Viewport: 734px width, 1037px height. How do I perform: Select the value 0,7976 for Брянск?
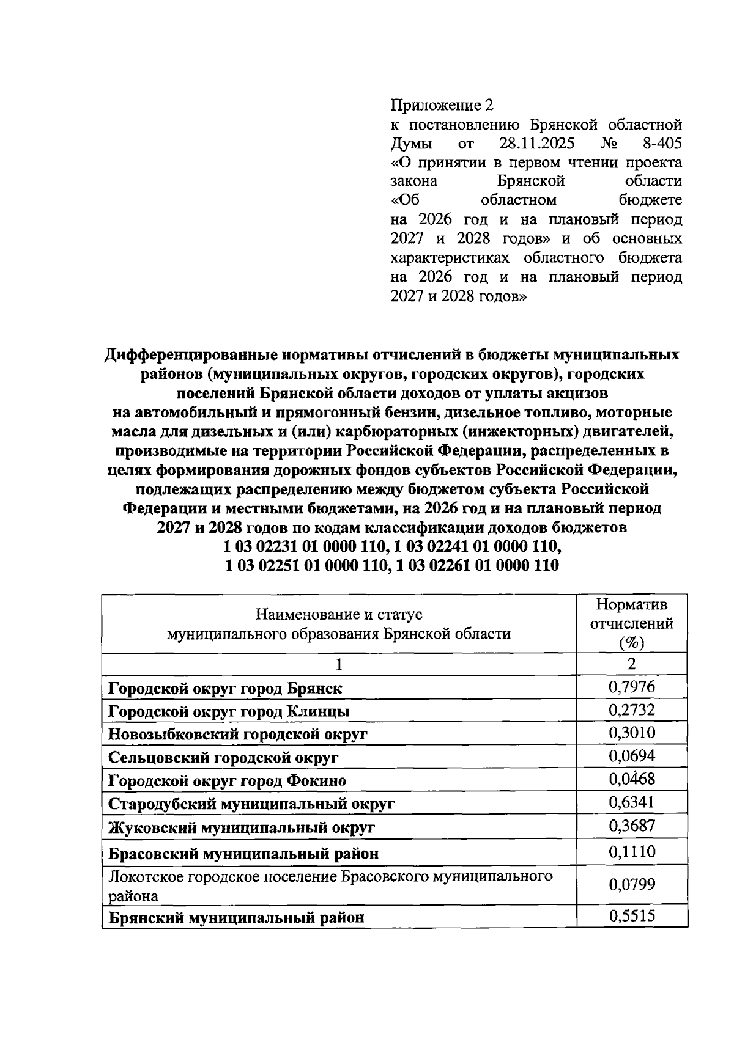point(631,687)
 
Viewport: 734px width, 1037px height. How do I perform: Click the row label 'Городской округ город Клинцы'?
point(229,711)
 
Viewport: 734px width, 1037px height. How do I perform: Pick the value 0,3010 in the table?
point(631,733)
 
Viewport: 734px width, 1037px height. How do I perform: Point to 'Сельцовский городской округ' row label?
point(223,758)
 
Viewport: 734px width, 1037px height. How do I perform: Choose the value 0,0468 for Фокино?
point(631,779)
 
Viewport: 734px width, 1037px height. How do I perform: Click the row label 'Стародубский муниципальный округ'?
point(251,804)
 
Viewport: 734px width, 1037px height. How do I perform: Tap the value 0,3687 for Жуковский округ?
point(631,826)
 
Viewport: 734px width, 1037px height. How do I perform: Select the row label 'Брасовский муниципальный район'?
point(243,853)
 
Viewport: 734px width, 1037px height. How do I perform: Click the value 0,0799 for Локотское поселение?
point(631,884)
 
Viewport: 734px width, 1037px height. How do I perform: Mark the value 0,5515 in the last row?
point(631,915)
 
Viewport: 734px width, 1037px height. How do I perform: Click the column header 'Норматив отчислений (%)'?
point(631,623)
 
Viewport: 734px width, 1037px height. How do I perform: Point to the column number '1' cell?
point(339,664)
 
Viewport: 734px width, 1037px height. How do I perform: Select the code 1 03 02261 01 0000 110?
point(477,565)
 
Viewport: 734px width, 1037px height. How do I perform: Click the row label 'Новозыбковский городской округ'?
point(237,735)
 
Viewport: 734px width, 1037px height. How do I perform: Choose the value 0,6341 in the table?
point(631,802)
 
